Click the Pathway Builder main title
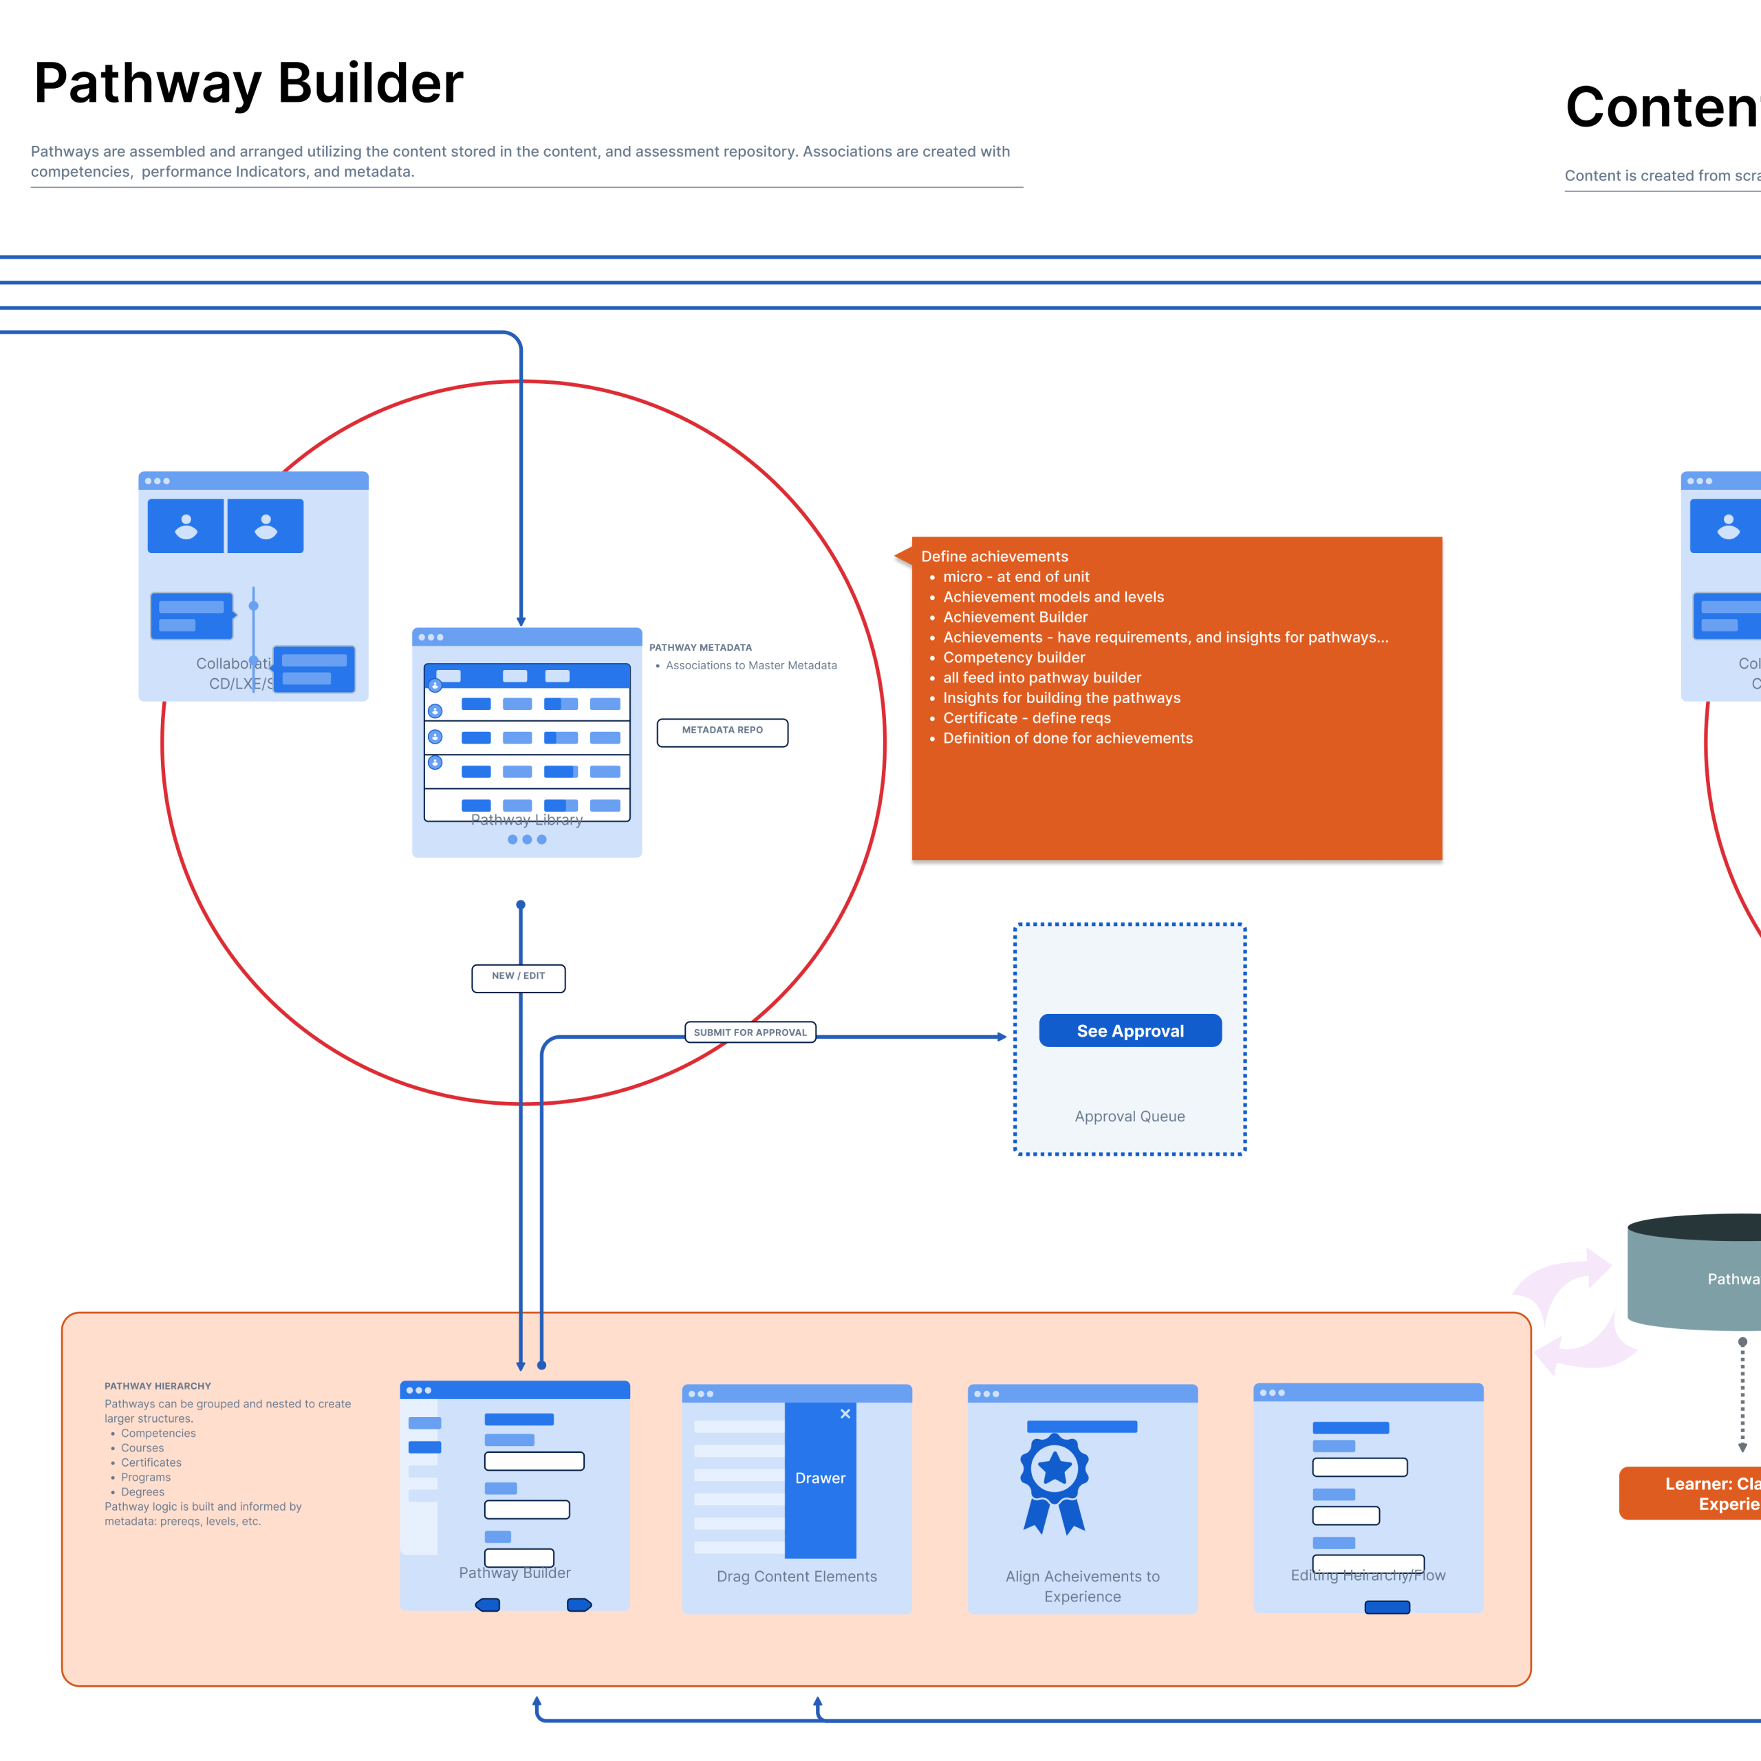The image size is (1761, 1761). click(x=248, y=83)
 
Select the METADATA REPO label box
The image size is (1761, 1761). click(x=722, y=732)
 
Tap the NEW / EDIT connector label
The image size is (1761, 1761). click(x=518, y=977)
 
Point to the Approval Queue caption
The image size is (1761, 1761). click(x=1130, y=1116)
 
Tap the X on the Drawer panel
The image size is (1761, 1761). click(x=845, y=1414)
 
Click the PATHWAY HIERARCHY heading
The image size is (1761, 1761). click(x=158, y=1385)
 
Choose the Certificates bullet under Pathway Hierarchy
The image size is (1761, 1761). click(x=151, y=1462)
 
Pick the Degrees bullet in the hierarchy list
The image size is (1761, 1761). click(x=143, y=1492)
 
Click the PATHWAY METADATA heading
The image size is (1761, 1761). click(x=700, y=647)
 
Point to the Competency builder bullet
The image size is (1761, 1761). click(x=1013, y=657)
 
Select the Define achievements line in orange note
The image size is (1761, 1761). click(x=995, y=556)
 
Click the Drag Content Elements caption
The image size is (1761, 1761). click(x=797, y=1576)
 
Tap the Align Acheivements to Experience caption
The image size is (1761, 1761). click(x=1082, y=1586)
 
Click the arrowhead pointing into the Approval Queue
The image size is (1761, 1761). click(x=1002, y=1037)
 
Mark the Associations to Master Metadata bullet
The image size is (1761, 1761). click(x=751, y=665)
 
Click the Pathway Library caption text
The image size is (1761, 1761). click(x=527, y=819)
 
